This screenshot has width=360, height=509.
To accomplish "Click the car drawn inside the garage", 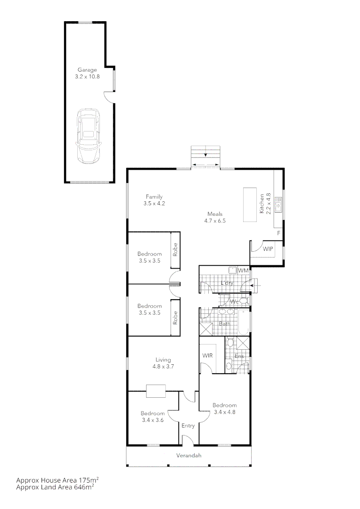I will pyautogui.click(x=88, y=136).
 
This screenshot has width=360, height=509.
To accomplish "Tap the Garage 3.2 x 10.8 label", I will pyautogui.click(x=88, y=73).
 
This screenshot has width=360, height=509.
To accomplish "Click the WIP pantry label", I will pyautogui.click(x=268, y=248).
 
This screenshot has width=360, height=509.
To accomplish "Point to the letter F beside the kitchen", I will pyautogui.click(x=278, y=233).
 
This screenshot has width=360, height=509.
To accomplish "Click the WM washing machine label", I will pyautogui.click(x=243, y=271).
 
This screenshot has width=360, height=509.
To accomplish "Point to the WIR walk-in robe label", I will pyautogui.click(x=208, y=355).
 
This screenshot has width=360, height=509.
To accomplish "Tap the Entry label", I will pyautogui.click(x=188, y=426).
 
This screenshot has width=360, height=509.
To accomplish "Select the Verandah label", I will pyautogui.click(x=188, y=455).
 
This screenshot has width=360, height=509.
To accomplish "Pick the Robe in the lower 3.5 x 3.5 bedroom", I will pyautogui.click(x=175, y=319).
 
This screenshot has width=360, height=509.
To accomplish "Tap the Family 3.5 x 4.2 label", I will pyautogui.click(x=154, y=200).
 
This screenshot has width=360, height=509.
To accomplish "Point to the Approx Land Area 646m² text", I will pyautogui.click(x=55, y=488).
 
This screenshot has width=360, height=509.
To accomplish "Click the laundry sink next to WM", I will pyautogui.click(x=232, y=270).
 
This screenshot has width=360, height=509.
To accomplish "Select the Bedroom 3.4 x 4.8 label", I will pyautogui.click(x=224, y=408).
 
